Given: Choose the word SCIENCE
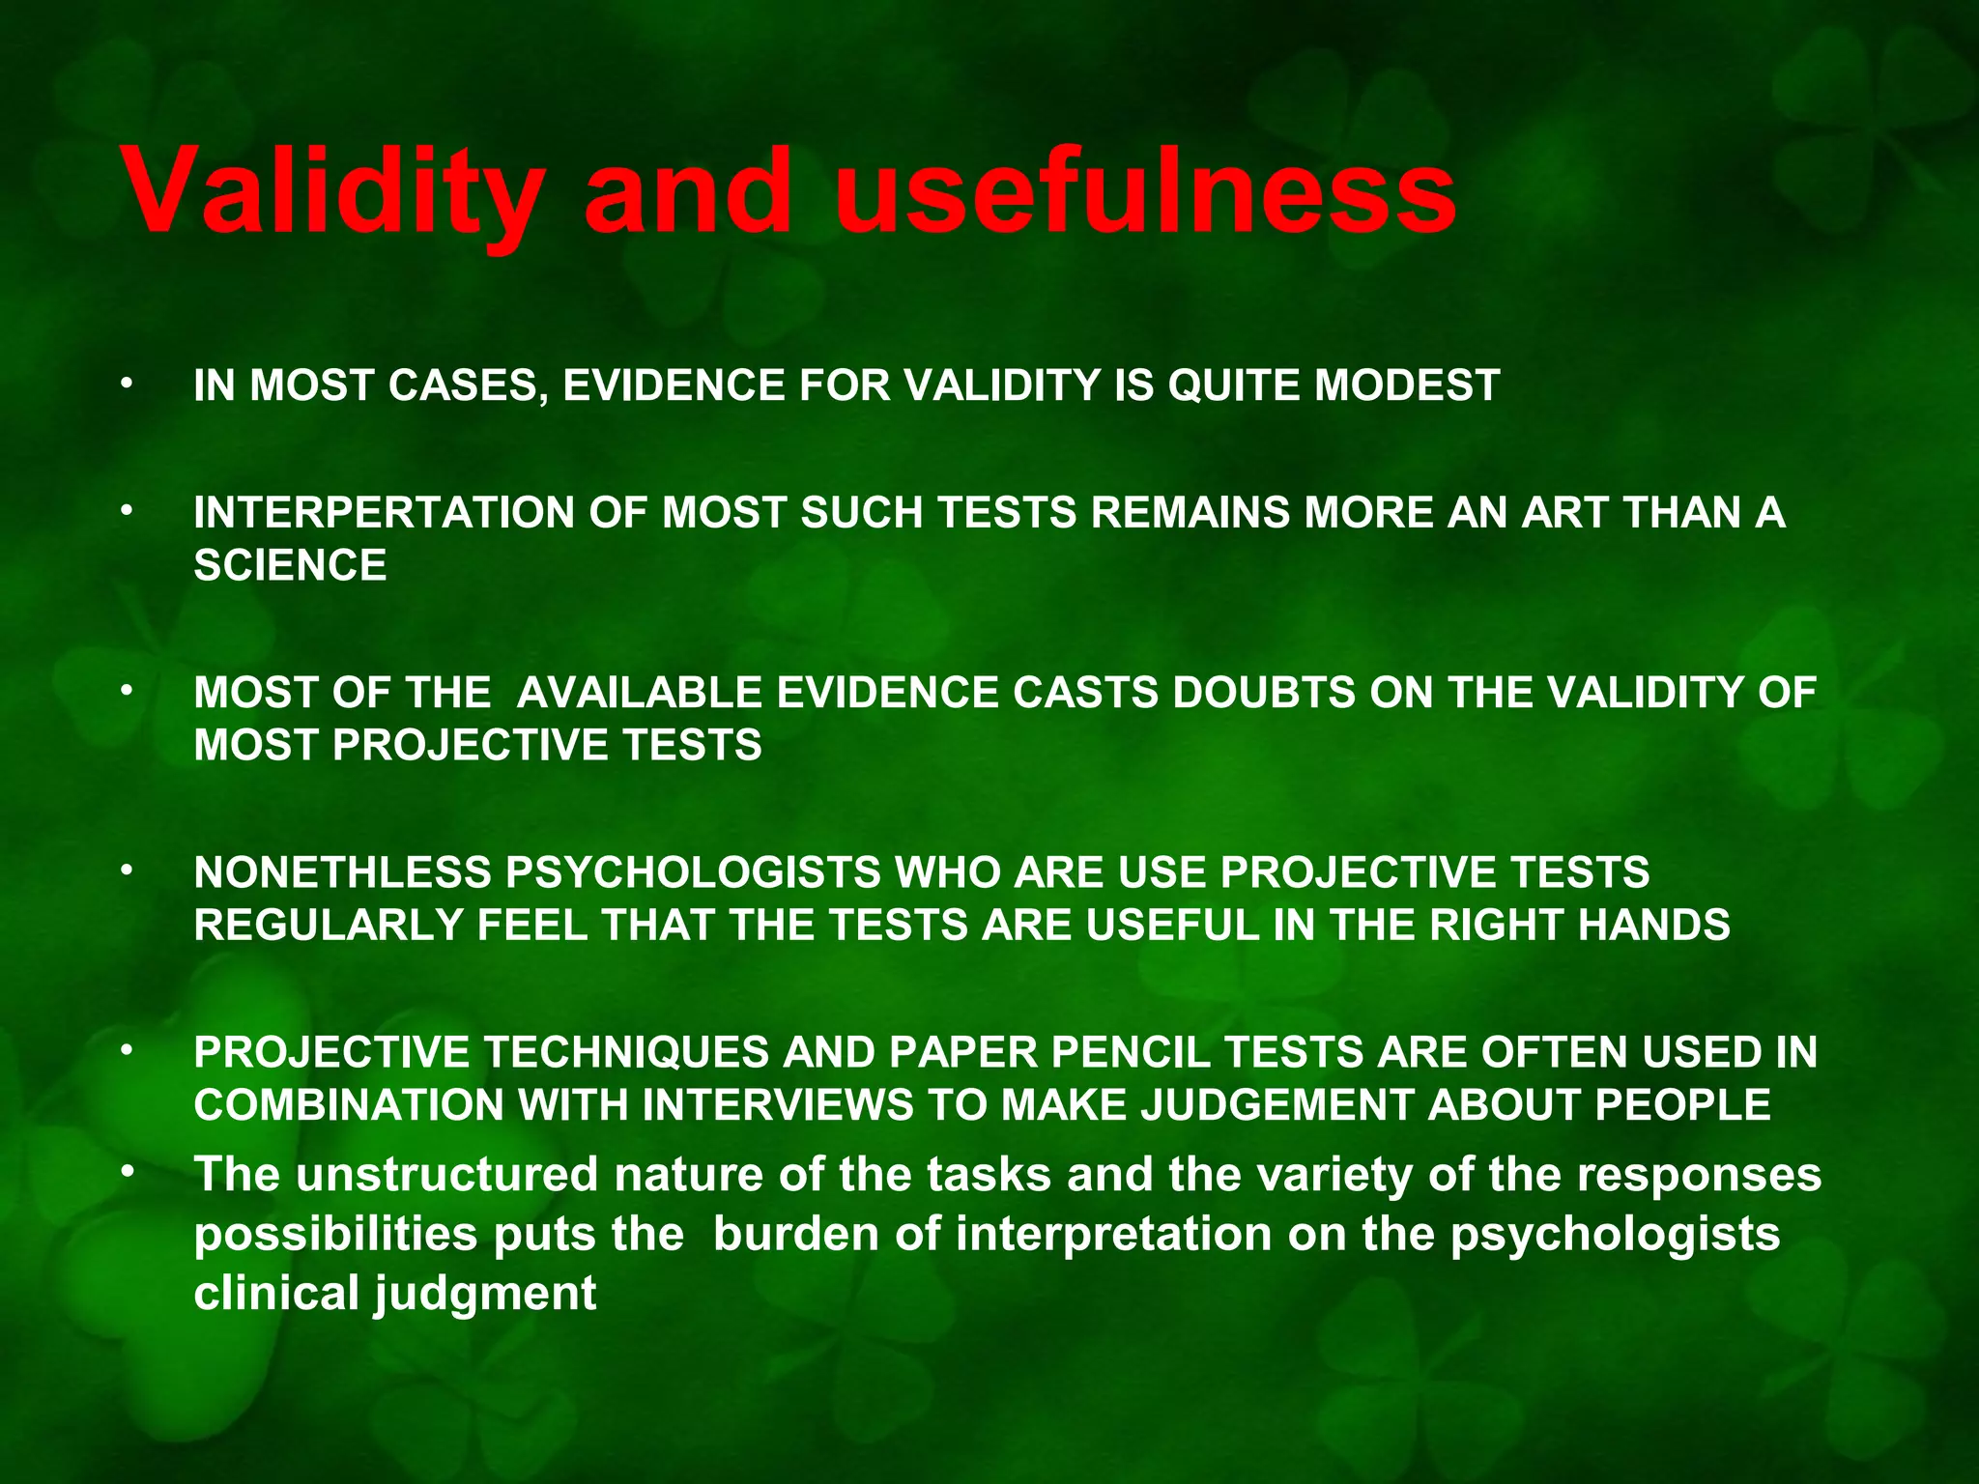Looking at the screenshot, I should (290, 565).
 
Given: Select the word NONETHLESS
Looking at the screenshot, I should (342, 872).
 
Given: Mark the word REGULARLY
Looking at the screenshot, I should (329, 926).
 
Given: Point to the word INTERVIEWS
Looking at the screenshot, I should (777, 1105).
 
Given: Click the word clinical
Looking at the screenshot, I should (277, 1294).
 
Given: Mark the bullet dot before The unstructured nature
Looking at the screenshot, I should (125, 1172).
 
